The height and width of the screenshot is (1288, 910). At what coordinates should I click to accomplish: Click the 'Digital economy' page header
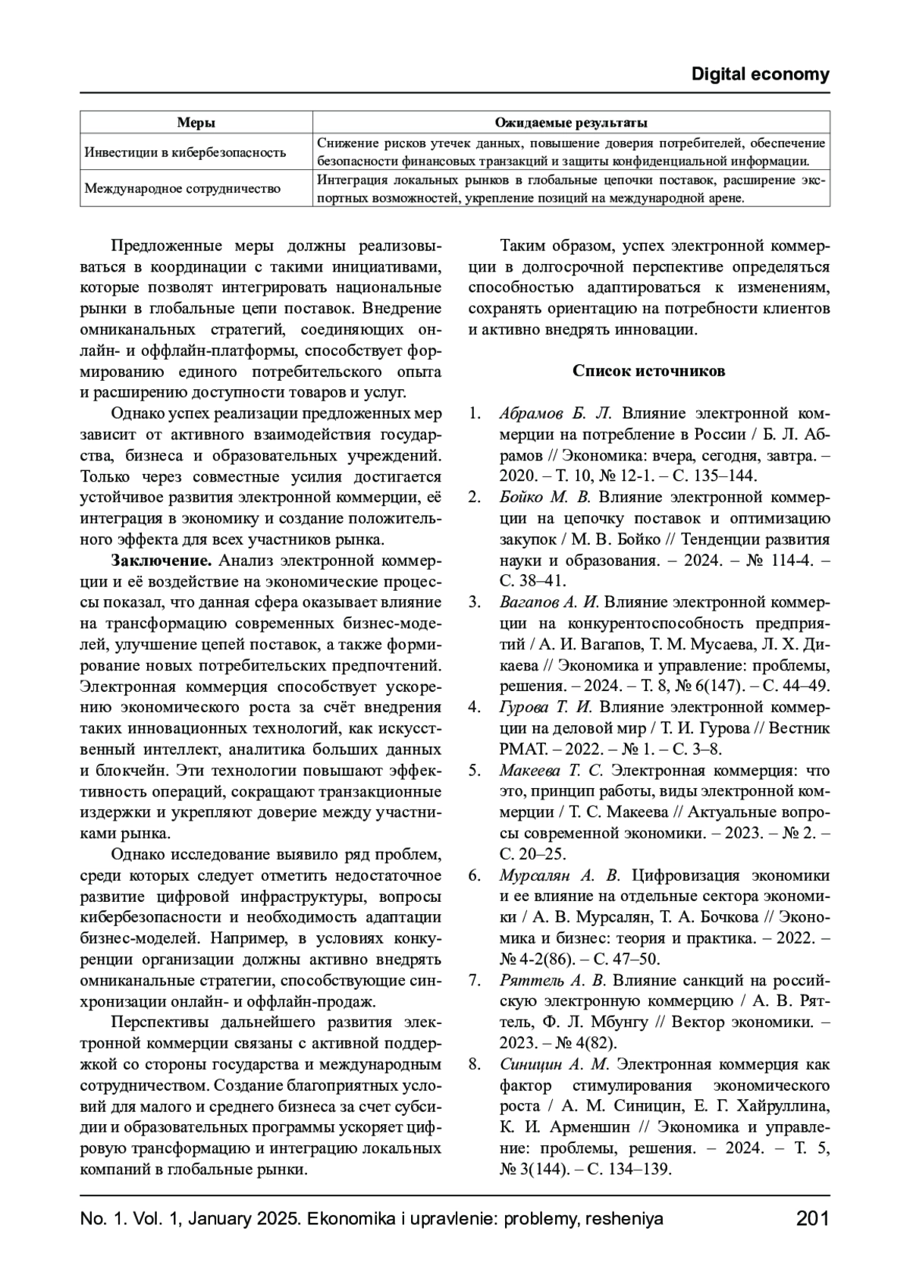[760, 74]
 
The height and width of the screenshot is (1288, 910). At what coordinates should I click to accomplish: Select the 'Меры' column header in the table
[196, 122]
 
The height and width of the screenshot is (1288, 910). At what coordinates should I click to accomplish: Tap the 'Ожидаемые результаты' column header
[571, 122]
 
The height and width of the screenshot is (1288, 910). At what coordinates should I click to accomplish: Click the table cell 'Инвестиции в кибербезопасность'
[185, 152]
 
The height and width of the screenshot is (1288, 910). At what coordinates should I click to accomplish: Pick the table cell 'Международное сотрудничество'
[182, 188]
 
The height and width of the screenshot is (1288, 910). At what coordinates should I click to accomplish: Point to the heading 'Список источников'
[648, 371]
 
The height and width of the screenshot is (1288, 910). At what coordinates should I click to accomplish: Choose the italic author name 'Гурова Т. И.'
[545, 707]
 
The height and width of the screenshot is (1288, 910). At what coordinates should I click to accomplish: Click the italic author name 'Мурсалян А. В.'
[560, 875]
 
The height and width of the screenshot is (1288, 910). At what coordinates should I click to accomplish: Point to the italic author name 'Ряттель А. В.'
[553, 980]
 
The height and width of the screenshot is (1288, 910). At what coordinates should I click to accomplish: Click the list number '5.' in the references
[475, 771]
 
